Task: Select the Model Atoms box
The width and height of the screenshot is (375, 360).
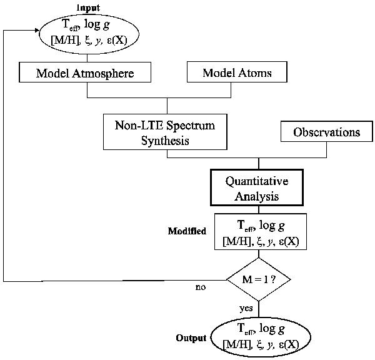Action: pyautogui.click(x=237, y=72)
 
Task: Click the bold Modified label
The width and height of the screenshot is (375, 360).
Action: pyautogui.click(x=187, y=231)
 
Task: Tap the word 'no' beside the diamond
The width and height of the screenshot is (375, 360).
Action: pyautogui.click(x=200, y=287)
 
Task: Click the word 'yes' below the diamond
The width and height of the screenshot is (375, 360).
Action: pyautogui.click(x=246, y=308)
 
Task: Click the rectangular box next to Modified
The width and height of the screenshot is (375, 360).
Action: pyautogui.click(x=261, y=231)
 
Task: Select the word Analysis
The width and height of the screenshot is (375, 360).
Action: pyautogui.click(x=257, y=196)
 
